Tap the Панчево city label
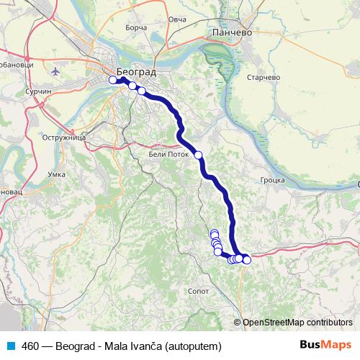click(x=230, y=32)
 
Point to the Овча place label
click(x=177, y=18)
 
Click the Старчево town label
click(x=262, y=76)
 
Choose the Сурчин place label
click(x=38, y=92)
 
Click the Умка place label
click(x=55, y=174)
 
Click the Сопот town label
click(x=197, y=291)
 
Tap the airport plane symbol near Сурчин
click(x=55, y=72)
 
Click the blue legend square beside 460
click(x=9, y=345)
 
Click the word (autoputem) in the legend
click(x=193, y=346)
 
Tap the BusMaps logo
click(x=325, y=345)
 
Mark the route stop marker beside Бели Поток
click(x=198, y=155)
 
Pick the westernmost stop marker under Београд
click(x=112, y=80)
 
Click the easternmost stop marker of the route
click(x=246, y=260)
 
